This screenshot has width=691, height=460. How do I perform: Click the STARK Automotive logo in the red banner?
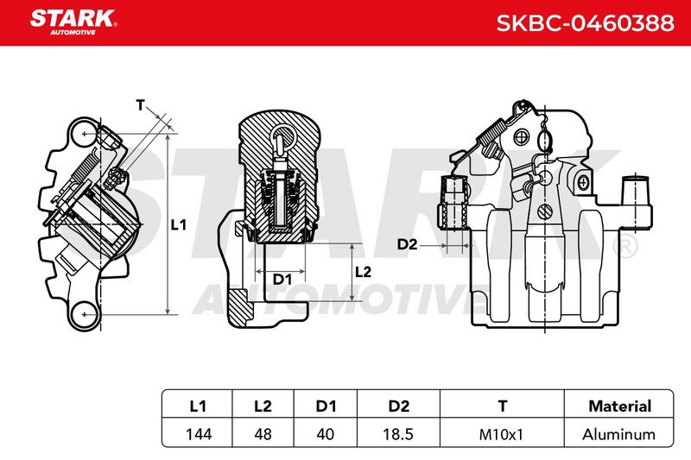point(73,22)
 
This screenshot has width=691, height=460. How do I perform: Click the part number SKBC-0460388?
point(586,23)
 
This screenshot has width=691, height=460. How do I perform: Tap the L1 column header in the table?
point(198,406)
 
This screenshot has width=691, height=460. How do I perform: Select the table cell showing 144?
point(199,434)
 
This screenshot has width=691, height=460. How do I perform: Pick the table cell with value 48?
point(263,434)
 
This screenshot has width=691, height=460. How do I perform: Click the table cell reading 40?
point(326,434)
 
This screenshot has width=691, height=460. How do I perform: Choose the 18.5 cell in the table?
point(398,434)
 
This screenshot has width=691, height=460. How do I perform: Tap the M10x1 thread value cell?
point(501,435)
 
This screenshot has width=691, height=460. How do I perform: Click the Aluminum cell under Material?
point(618,435)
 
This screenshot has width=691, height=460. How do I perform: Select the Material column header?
point(619,406)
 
